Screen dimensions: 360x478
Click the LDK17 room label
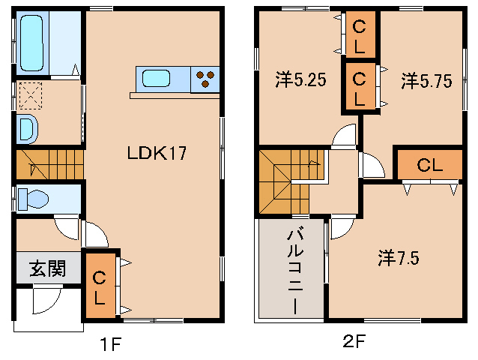pos(155,154)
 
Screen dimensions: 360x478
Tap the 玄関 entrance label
pos(46,268)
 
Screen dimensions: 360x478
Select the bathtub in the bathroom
pos(33,43)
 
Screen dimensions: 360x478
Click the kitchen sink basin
pos(157,78)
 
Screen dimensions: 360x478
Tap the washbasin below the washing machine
pos(25,129)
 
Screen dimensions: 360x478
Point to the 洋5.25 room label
pos(300,80)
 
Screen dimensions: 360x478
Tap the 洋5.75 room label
pos(426,80)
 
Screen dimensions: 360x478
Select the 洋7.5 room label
pos(398,258)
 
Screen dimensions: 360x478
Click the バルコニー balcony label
pos(294,271)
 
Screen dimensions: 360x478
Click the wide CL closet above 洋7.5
pos(429,165)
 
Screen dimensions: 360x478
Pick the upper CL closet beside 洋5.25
pos(360,36)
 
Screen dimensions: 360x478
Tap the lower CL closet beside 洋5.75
pos(360,86)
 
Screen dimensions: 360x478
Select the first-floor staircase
pos(48,163)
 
